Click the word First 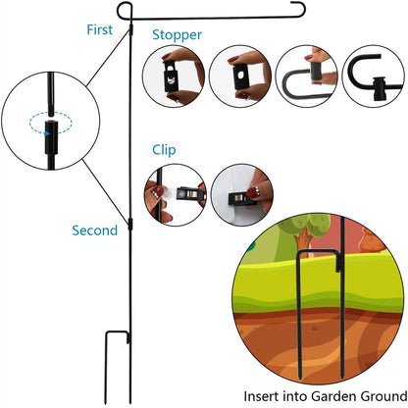(x=100, y=29)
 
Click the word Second (x=95, y=230)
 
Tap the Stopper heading (x=177, y=35)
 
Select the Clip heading (x=164, y=150)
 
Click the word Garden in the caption (x=333, y=396)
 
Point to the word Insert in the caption (x=262, y=396)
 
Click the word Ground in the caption (x=383, y=396)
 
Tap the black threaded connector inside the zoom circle (x=51, y=137)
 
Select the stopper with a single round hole (x=241, y=76)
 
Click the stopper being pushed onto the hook (x=317, y=73)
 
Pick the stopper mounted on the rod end (x=380, y=89)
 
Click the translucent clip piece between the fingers (x=169, y=194)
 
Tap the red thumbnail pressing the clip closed (x=252, y=192)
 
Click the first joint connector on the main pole (x=130, y=29)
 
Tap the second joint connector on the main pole (x=130, y=225)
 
